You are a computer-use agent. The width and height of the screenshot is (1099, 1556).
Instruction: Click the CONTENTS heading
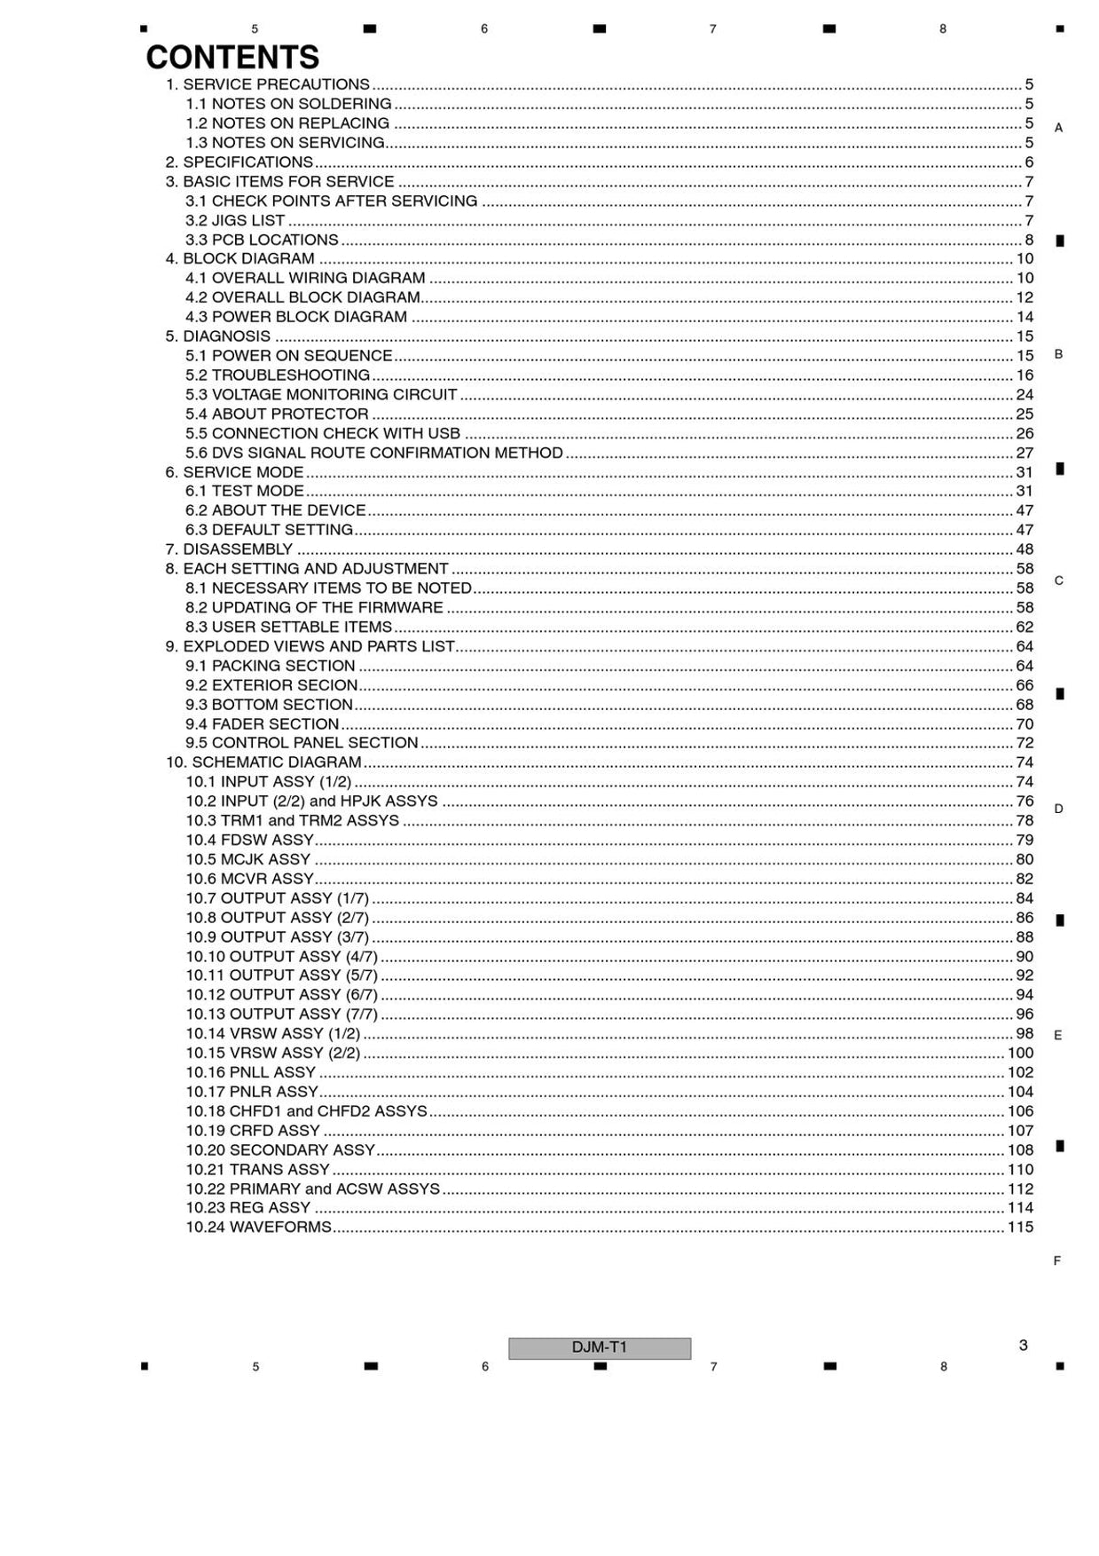click(x=232, y=58)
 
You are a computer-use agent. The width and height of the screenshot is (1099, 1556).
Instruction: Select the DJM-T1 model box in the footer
click(x=599, y=1347)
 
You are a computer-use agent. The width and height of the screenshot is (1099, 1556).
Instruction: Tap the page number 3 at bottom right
click(x=1023, y=1345)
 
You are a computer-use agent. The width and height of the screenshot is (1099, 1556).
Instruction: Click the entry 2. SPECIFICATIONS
click(x=239, y=162)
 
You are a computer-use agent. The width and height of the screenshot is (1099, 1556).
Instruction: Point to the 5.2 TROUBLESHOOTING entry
click(x=277, y=375)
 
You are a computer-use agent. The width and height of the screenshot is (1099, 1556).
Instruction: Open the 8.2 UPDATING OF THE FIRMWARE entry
click(x=314, y=608)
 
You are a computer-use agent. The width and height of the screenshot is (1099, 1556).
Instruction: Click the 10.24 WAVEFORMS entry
click(x=258, y=1228)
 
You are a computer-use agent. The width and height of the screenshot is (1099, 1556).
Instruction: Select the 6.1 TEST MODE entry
click(x=244, y=491)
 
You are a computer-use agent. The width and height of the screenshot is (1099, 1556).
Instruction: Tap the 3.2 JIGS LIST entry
click(x=235, y=221)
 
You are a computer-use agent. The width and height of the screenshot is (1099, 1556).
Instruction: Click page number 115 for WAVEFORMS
click(x=1020, y=1228)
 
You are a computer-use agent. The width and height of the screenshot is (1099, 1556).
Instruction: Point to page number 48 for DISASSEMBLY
click(x=1024, y=549)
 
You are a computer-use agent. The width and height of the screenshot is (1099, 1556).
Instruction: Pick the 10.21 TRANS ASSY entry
click(x=257, y=1170)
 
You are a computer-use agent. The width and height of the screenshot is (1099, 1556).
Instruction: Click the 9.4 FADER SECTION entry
click(x=262, y=724)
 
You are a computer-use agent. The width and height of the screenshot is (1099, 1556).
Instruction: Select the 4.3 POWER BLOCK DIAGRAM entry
click(x=296, y=317)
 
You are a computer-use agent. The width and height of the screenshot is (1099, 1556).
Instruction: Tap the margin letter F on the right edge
click(x=1056, y=1260)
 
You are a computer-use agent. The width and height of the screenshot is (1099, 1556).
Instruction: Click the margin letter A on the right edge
click(x=1057, y=128)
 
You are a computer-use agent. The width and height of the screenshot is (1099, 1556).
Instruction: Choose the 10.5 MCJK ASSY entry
click(x=247, y=860)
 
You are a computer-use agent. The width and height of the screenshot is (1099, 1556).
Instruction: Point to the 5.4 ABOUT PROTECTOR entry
click(x=277, y=415)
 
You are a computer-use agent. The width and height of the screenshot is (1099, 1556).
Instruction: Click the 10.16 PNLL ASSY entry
click(x=250, y=1073)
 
